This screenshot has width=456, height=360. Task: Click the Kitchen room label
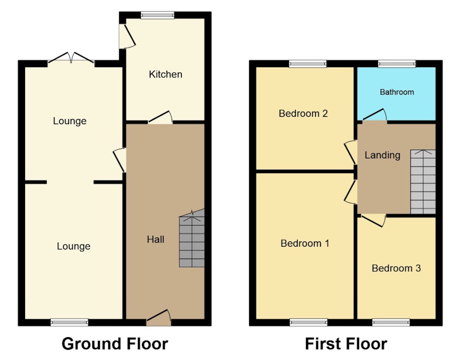pos(165,75)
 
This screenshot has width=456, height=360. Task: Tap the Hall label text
pos(156,239)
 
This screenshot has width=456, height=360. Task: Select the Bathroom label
pos(397,92)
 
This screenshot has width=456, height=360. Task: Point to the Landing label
pos(382,155)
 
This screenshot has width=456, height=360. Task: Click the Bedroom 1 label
pos(305,243)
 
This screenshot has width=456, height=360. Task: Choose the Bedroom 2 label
pos(303,113)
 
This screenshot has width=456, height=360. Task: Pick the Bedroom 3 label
pos(396,268)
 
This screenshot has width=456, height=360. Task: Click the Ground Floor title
pos(115,343)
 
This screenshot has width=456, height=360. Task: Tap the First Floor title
pos(346,343)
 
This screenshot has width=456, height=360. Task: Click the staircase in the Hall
pos(192,238)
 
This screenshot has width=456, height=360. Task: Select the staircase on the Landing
pos(423,182)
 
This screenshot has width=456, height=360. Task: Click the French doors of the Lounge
pos(71,58)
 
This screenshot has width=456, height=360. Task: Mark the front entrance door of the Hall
pos(158,317)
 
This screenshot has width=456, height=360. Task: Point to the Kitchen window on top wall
pos(158,15)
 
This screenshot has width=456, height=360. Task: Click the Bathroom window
pos(397,64)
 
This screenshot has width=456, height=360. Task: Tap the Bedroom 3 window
pos(391,322)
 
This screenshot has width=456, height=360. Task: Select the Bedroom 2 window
pos(308,64)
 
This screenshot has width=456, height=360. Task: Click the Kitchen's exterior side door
pos(127,36)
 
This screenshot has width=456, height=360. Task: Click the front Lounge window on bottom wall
pos(69,322)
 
